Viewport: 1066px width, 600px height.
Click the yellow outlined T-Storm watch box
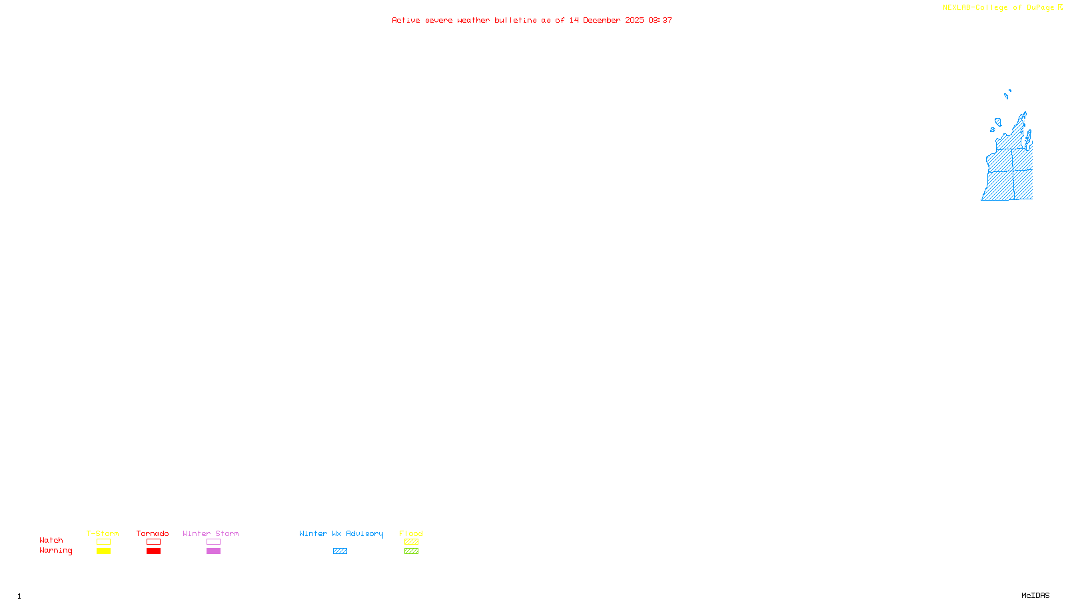coord(103,542)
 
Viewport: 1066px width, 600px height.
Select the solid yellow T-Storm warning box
coord(103,551)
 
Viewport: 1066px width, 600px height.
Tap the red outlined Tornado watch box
coord(153,542)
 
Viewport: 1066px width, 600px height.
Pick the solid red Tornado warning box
coord(153,551)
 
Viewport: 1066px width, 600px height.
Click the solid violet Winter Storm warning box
coord(213,551)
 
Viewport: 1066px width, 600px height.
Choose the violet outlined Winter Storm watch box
coord(213,542)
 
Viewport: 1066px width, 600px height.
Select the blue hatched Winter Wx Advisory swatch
coord(340,551)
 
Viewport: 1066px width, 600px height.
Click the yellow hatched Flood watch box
coord(411,542)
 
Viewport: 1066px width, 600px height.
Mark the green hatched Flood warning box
coord(411,551)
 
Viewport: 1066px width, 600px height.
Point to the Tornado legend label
coord(153,533)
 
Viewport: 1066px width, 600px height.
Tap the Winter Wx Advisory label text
coord(341,533)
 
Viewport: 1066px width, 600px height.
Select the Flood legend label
coord(411,533)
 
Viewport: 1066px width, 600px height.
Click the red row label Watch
coord(51,540)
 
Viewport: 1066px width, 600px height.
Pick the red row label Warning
coord(55,551)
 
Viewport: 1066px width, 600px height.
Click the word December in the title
coord(602,20)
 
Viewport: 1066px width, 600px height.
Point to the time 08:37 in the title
coord(660,20)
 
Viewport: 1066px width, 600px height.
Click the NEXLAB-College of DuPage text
coord(998,7)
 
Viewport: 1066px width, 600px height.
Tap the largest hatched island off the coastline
coord(998,122)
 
